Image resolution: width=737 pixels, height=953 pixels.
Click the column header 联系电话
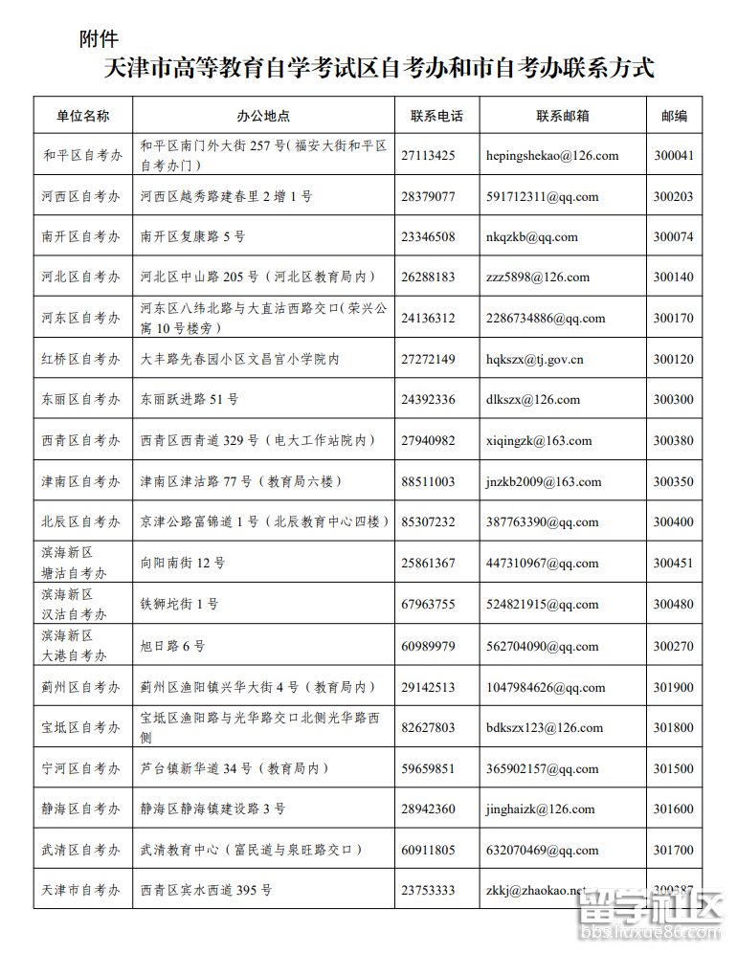point(436,116)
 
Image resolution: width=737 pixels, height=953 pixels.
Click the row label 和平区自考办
point(82,155)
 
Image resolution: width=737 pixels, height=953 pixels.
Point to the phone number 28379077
point(428,196)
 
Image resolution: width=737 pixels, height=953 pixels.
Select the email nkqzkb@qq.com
point(532,237)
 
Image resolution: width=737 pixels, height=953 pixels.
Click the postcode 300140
point(673,277)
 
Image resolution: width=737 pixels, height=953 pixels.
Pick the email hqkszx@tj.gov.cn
point(535,360)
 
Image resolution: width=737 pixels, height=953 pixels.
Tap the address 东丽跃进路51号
point(190,400)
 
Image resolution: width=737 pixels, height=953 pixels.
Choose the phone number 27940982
point(428,441)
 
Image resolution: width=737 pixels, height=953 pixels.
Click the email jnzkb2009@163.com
point(544,482)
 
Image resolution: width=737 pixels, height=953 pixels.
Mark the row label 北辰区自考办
point(82,522)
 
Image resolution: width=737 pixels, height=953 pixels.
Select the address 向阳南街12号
point(183,564)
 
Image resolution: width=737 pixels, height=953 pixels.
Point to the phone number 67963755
point(428,605)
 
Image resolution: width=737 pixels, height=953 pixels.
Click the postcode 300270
point(673,646)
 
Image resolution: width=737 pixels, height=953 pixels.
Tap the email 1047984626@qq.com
point(546,687)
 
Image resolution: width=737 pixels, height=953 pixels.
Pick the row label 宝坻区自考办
point(82,727)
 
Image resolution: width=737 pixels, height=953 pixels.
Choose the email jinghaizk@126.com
point(540,809)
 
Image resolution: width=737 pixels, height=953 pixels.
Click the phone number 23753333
point(428,890)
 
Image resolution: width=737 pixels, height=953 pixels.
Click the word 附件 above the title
point(99,39)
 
